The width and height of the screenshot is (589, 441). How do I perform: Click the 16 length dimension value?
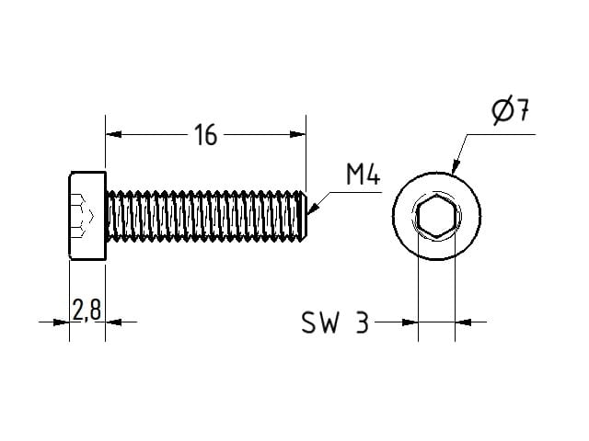tap(205, 136)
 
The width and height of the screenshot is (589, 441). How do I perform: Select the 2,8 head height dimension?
tap(87, 311)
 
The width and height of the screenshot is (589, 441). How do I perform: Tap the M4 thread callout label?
tap(364, 175)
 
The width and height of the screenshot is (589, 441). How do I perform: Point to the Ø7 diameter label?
tap(511, 113)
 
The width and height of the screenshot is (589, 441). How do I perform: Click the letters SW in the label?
tap(321, 322)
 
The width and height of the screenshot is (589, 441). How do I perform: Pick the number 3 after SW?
tap(362, 322)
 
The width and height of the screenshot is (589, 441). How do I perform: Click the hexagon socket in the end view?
tap(434, 219)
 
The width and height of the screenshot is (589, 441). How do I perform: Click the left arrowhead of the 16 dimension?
tap(113, 135)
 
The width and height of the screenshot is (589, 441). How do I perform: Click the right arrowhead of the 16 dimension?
tap(297, 135)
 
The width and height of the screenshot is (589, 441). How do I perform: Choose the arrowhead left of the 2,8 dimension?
tap(63, 322)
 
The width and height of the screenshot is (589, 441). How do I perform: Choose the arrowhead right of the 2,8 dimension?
tap(113, 322)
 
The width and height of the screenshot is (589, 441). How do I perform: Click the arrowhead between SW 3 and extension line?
tap(410, 322)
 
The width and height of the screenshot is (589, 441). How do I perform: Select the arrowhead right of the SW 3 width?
tap(463, 322)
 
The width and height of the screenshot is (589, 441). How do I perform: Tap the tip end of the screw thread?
tap(304, 217)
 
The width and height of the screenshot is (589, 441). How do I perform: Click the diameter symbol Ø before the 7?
tap(502, 113)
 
